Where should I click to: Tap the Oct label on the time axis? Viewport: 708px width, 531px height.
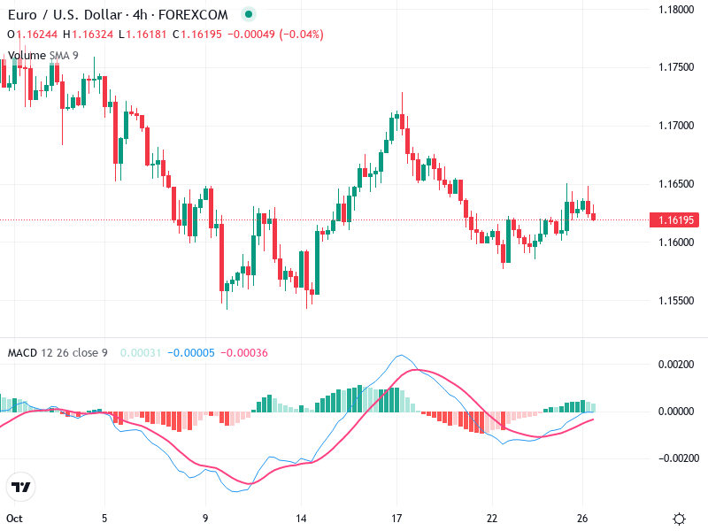[14, 519]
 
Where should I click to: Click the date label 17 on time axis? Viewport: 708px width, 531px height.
[397, 519]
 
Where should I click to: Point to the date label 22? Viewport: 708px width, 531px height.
[493, 519]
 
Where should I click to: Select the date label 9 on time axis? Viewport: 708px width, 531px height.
[205, 519]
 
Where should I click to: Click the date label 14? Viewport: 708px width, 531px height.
[302, 519]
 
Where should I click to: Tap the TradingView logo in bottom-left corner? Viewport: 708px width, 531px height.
[20, 488]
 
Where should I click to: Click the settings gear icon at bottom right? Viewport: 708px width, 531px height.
[679, 519]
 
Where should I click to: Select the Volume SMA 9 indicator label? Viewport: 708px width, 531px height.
[42, 55]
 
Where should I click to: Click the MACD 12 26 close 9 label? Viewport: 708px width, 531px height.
[58, 353]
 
